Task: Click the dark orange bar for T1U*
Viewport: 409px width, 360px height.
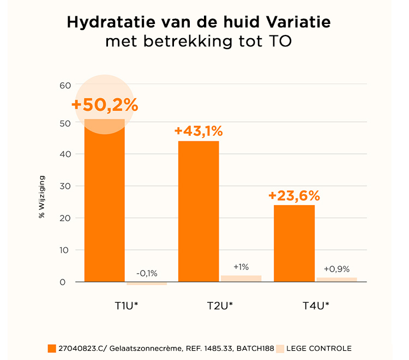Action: [104, 202]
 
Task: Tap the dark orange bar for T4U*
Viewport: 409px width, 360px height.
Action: [294, 243]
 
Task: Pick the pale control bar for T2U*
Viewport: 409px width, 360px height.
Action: [241, 278]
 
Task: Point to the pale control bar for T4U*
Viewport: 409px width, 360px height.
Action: [336, 279]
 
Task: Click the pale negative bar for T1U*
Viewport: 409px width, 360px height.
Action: [146, 284]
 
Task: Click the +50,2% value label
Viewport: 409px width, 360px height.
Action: [104, 105]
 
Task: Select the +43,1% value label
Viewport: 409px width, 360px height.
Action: [199, 131]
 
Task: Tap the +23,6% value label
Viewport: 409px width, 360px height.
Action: [294, 195]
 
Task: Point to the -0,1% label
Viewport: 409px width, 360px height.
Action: [146, 273]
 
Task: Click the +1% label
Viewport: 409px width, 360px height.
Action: [241, 267]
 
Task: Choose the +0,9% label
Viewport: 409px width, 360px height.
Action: [336, 269]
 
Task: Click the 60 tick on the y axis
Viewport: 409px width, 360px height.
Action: [65, 85]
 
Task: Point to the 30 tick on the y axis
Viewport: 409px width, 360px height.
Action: [65, 186]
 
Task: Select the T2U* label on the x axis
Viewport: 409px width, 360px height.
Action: [220, 305]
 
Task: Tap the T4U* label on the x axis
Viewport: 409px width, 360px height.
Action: [316, 305]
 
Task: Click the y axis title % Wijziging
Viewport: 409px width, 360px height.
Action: [41, 196]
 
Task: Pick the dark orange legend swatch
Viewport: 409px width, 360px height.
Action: [52, 349]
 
